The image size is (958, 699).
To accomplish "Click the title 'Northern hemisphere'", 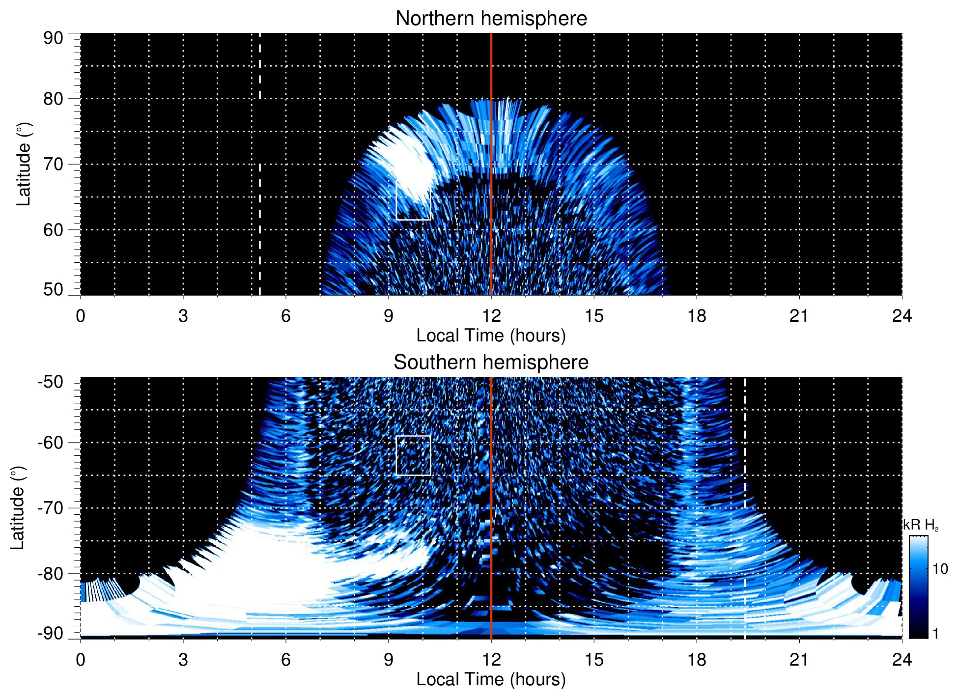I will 491,19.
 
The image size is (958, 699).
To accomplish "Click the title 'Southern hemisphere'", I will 491,363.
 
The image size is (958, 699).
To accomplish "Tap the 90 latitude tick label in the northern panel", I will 53,38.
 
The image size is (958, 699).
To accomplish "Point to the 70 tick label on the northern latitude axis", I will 53,164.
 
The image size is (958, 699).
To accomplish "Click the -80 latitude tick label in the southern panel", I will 51,573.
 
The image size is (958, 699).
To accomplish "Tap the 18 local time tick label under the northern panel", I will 696,316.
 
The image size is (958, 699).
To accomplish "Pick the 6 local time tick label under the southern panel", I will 285,660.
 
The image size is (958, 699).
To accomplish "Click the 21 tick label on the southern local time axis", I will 799,660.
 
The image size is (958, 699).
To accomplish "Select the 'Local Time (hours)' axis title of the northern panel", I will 491,336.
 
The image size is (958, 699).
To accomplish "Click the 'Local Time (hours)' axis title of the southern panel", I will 491,679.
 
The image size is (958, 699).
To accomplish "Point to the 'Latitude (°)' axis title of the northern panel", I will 24,164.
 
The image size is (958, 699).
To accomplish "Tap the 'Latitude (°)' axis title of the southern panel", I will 18,508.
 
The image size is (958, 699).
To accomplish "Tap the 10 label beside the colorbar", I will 940,569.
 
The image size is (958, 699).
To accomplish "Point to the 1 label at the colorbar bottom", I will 935,633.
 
